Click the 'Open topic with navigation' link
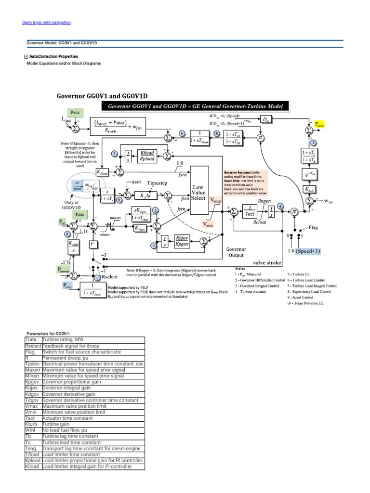pyautogui.click(x=47, y=23)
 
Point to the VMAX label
pyautogui.click(x=214, y=198)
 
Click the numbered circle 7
pyautogui.click(x=114, y=153)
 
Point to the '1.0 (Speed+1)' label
pyautogui.click(x=305, y=251)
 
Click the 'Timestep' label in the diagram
pyautogui.click(x=158, y=183)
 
